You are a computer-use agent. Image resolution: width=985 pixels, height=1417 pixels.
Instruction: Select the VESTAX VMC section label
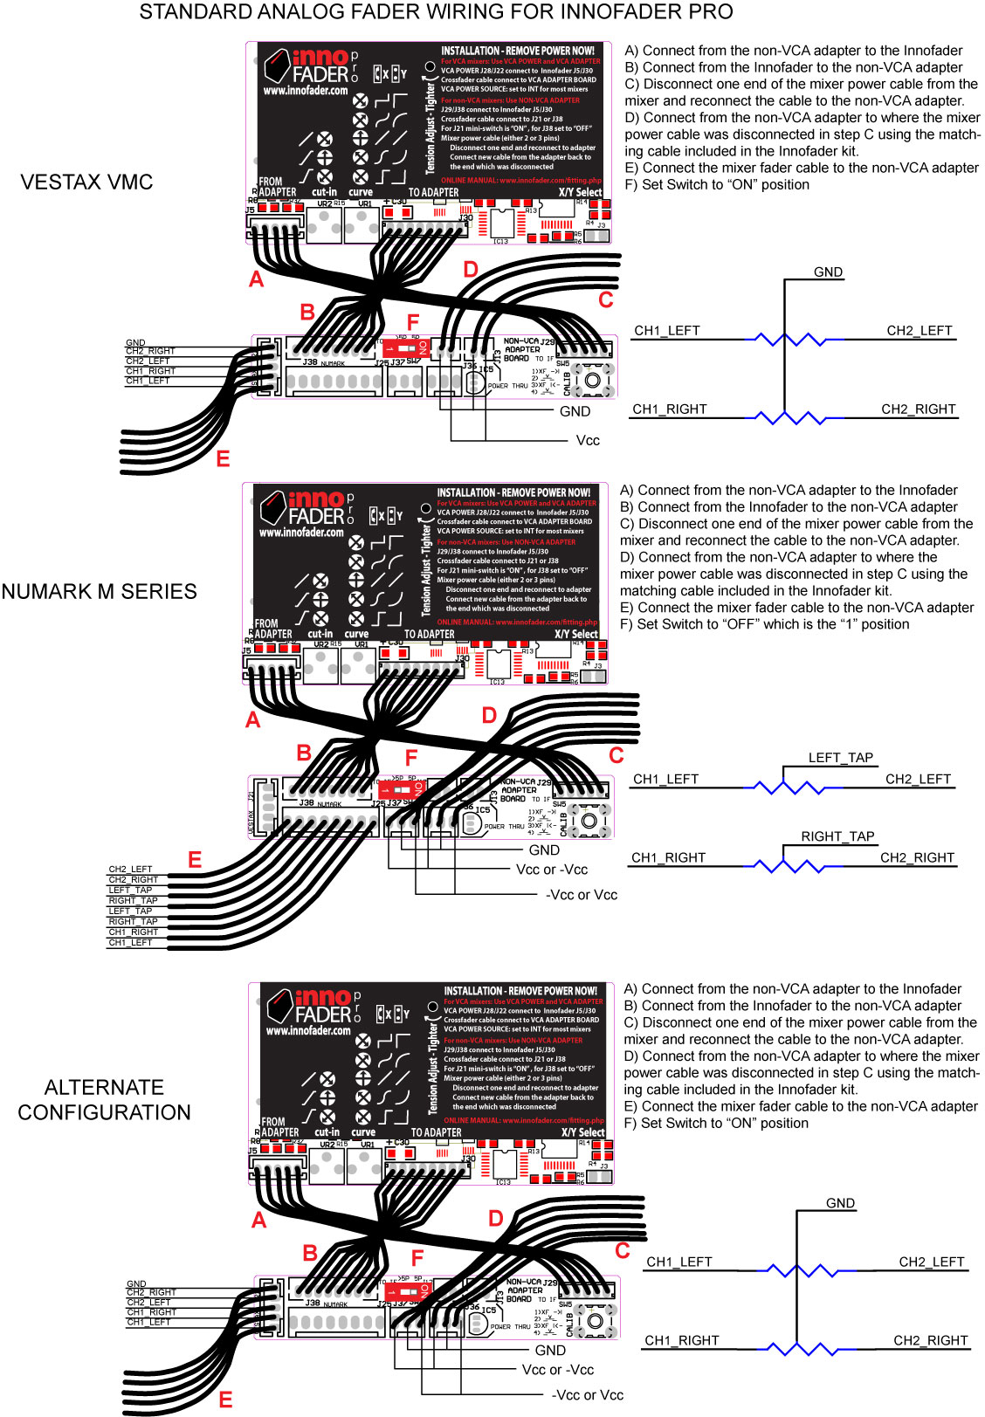pos(86,182)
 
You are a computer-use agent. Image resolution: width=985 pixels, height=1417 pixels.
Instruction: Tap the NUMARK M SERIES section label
pos(99,592)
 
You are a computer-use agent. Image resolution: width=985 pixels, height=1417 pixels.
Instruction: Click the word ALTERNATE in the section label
pos(104,1088)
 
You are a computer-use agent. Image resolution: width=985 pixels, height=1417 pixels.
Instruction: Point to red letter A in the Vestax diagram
pos(256,279)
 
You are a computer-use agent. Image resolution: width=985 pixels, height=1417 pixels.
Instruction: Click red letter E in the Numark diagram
pos(195,860)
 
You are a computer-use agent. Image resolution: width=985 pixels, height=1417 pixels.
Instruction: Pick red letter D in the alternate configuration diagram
pos(496,1219)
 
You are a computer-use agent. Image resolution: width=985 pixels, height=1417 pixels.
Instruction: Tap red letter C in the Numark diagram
pos(616,755)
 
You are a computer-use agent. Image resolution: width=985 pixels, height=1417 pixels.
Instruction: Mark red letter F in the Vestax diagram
pos(413,324)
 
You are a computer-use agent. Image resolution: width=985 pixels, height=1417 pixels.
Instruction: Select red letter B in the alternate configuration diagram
pos(310,1253)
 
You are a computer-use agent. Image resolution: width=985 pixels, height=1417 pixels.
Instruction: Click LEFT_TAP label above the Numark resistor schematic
pos(840,758)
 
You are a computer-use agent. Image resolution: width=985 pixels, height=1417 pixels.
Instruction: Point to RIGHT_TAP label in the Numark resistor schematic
pos(837,836)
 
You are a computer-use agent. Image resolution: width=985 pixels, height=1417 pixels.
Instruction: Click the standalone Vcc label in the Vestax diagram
pos(588,441)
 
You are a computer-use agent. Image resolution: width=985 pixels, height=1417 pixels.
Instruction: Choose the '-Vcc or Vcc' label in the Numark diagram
pos(581,895)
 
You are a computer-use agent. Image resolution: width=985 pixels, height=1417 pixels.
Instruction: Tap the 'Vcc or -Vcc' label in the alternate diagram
pos(557,1370)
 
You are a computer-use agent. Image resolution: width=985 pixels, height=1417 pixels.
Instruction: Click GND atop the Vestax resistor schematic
pos(828,272)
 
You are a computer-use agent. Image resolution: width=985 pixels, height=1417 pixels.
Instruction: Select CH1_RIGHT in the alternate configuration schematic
pos(681,1340)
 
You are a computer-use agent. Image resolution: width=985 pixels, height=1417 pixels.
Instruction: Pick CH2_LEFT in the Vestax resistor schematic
pos(919,331)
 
